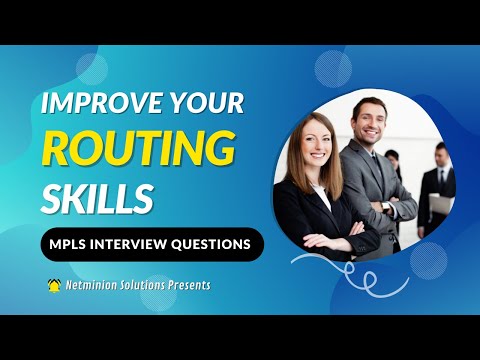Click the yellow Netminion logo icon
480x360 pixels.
point(54,285)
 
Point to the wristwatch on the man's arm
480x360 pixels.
point(385,207)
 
